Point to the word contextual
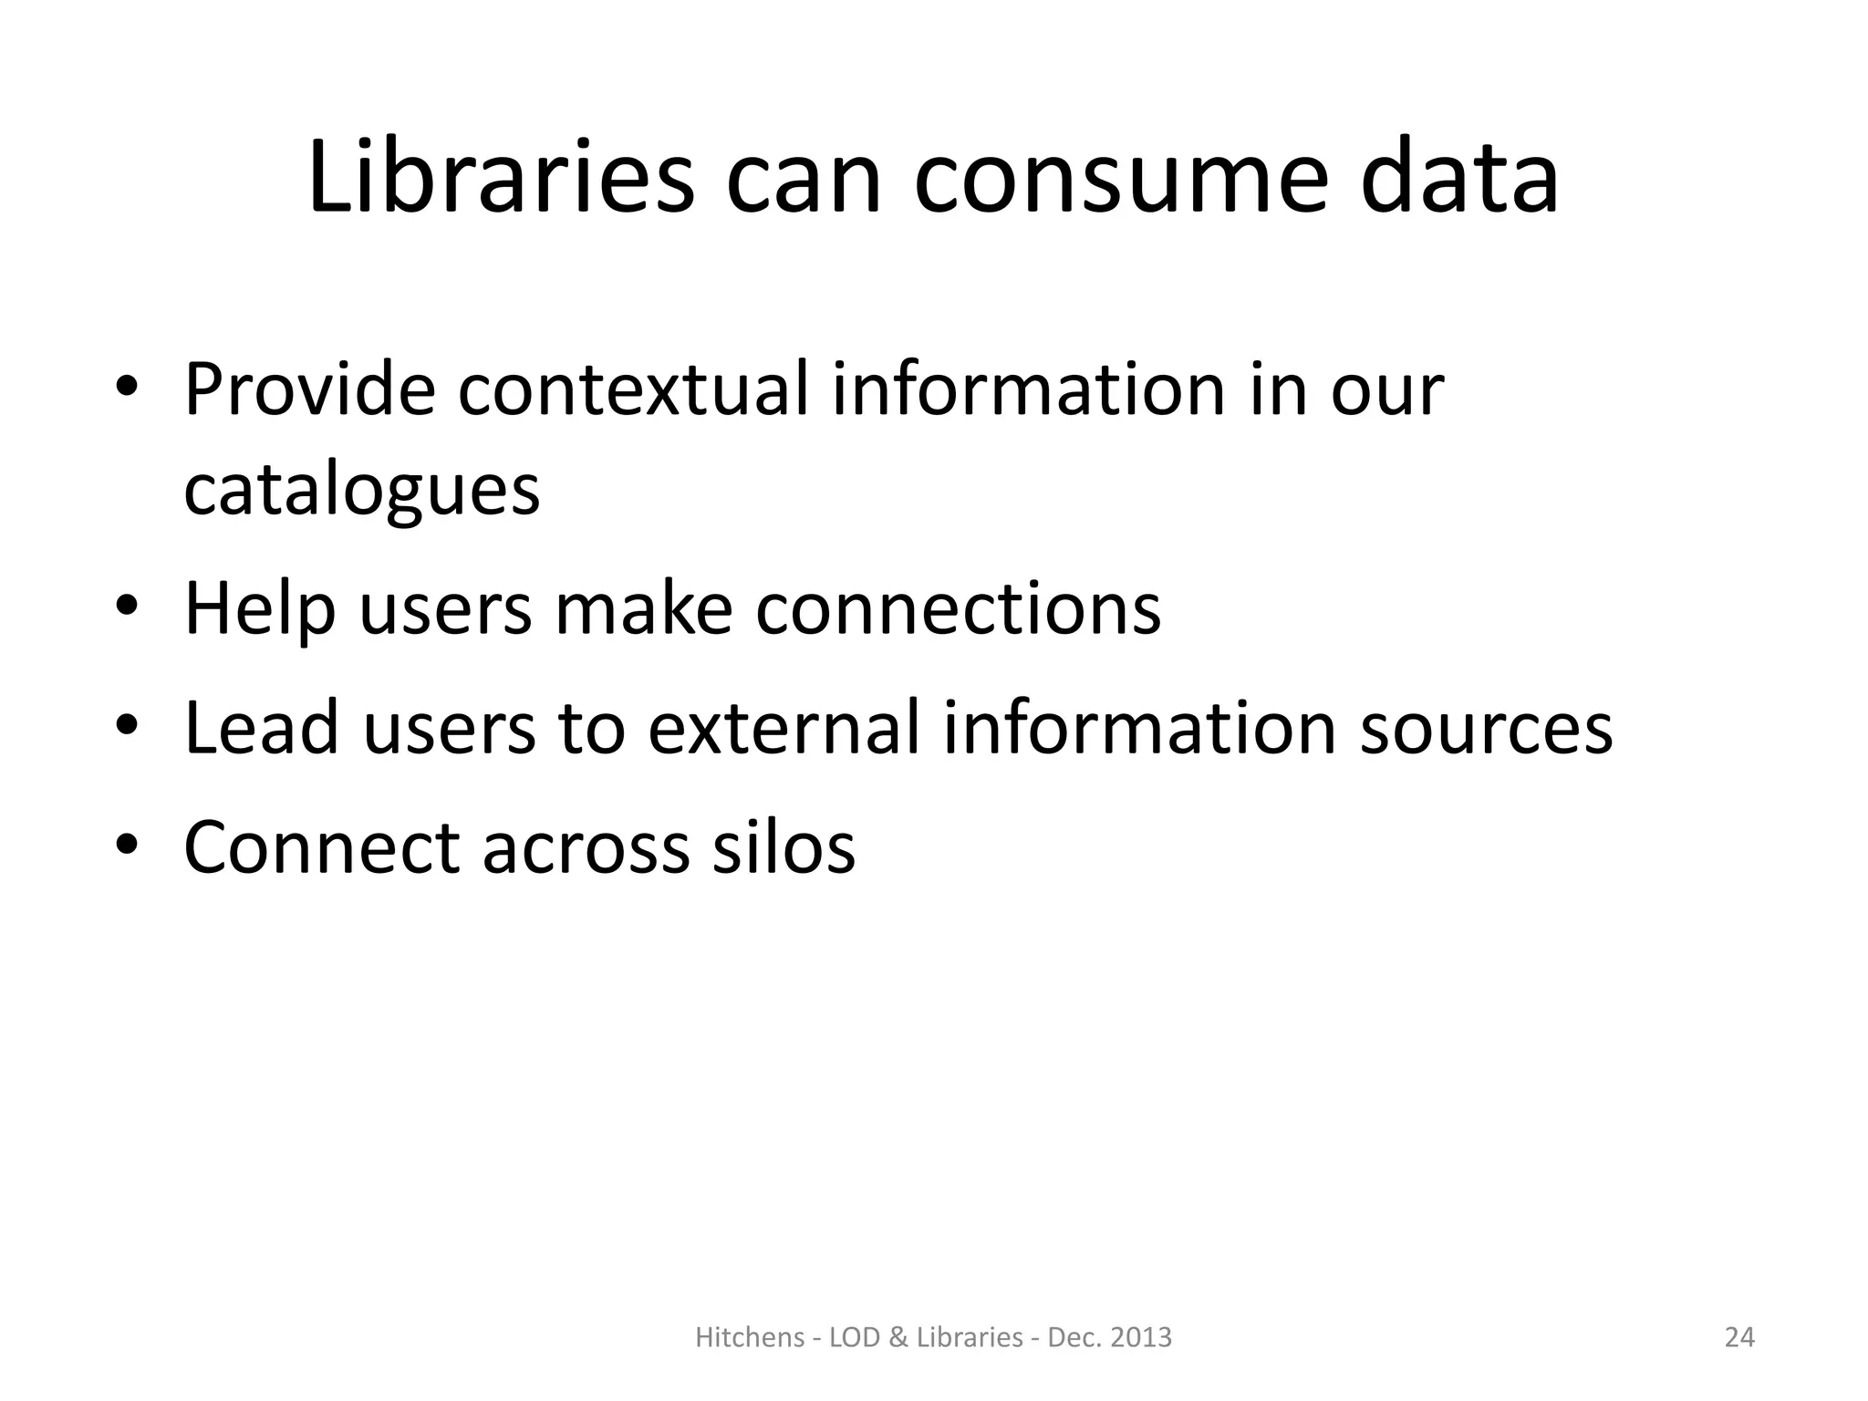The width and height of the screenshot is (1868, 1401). tap(632, 389)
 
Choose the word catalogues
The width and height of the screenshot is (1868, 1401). tap(361, 492)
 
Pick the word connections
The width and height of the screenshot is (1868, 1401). tap(958, 608)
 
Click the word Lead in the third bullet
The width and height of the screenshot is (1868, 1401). tap(261, 727)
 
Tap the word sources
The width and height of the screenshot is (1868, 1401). tap(1486, 729)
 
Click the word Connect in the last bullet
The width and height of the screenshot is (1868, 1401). tap(321, 846)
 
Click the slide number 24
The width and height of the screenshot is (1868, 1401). tap(1739, 1337)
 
